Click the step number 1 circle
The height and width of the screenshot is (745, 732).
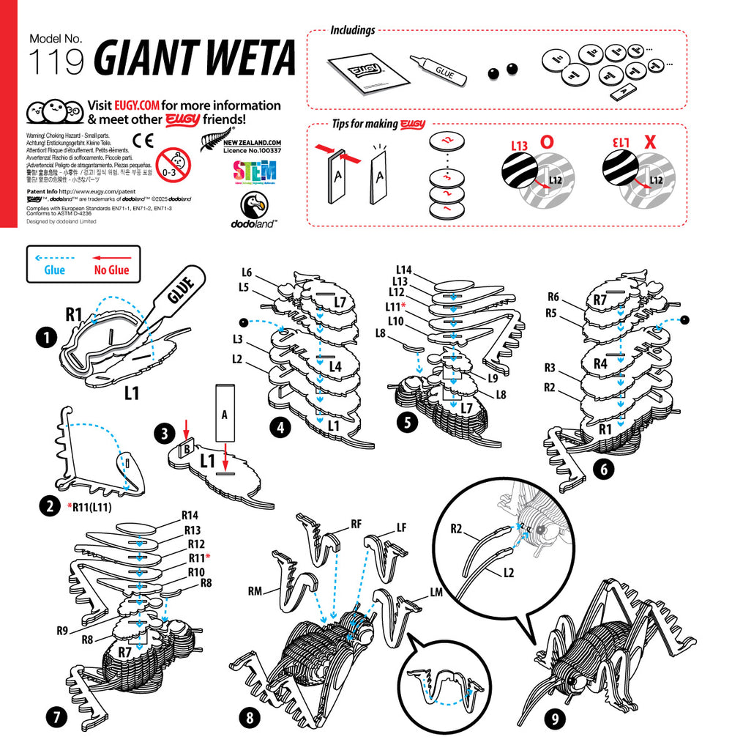pyautogui.click(x=47, y=338)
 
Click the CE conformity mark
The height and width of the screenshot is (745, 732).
pyautogui.click(x=143, y=141)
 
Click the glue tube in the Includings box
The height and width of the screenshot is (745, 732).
pyautogui.click(x=437, y=71)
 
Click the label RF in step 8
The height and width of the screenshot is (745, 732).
pyautogui.click(x=356, y=524)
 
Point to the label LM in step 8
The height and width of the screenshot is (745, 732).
pyautogui.click(x=437, y=591)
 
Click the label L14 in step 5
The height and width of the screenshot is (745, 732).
pyautogui.click(x=405, y=270)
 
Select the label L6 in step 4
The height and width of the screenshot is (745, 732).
pyautogui.click(x=247, y=273)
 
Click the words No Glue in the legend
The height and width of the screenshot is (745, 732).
pyautogui.click(x=111, y=270)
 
